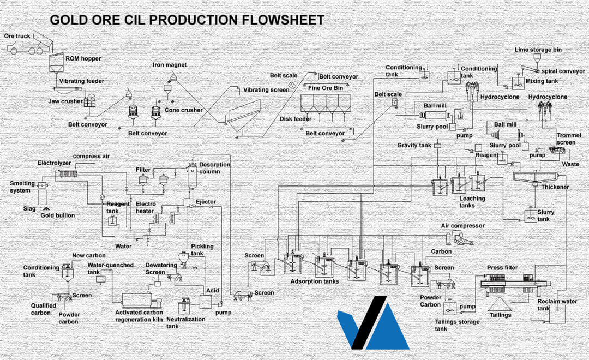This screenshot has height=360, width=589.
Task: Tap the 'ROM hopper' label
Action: (x=83, y=58)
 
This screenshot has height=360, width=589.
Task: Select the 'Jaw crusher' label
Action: (x=65, y=101)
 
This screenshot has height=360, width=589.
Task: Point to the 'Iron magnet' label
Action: (x=170, y=65)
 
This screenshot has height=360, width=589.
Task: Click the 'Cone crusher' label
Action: (x=184, y=110)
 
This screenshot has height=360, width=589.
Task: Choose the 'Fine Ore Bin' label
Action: (x=326, y=87)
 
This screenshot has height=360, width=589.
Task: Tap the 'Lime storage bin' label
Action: (x=538, y=50)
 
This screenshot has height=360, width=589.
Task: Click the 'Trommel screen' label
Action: (x=569, y=139)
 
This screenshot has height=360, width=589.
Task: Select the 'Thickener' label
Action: (x=555, y=187)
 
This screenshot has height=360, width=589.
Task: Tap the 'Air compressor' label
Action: (x=462, y=226)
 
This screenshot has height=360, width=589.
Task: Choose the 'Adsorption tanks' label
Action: (x=315, y=281)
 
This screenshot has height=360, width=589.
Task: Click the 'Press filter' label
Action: (x=502, y=268)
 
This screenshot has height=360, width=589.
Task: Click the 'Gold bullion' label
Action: (x=58, y=215)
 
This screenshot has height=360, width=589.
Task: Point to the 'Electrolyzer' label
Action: (x=54, y=163)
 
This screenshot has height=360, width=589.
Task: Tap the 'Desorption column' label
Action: (x=214, y=168)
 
